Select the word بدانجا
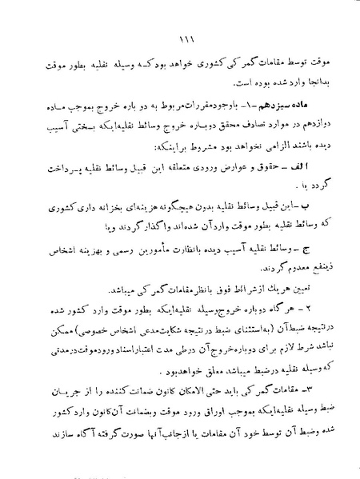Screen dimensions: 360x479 click(x=323, y=79)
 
